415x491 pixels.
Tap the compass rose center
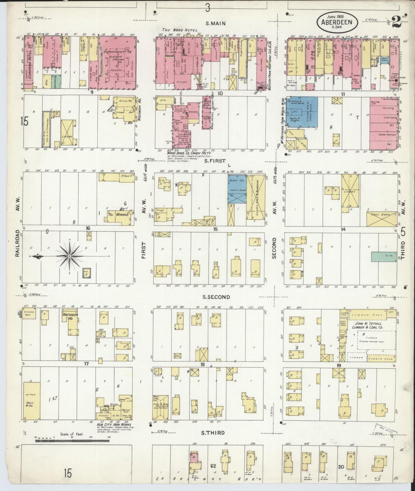(x=69, y=256)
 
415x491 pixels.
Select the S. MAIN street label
(x=213, y=23)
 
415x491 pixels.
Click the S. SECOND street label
(x=216, y=297)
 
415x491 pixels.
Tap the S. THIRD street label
(x=213, y=433)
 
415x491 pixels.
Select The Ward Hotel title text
(x=176, y=30)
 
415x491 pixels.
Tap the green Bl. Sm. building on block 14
(x=384, y=256)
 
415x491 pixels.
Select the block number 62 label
(x=213, y=465)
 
